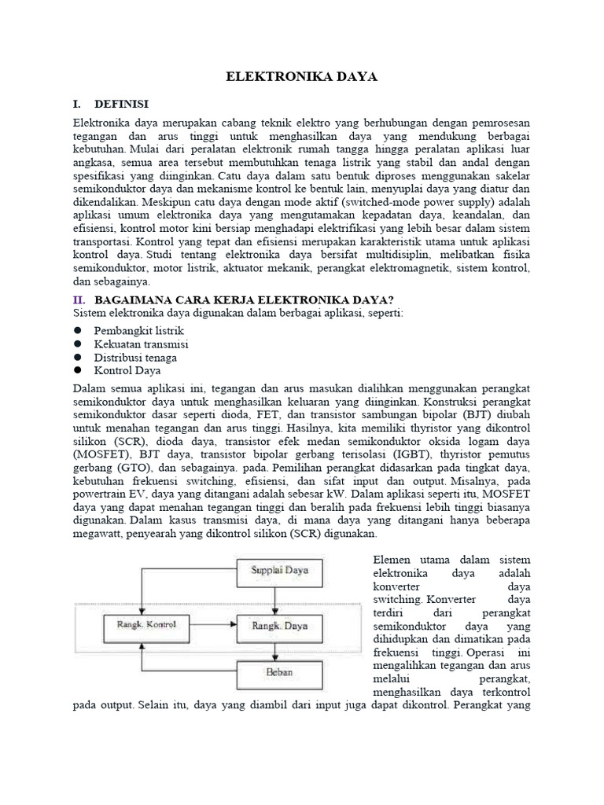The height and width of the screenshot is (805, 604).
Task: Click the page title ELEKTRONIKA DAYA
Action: (x=302, y=77)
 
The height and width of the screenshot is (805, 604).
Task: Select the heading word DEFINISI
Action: (x=121, y=104)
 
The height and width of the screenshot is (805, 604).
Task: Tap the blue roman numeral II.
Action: (x=79, y=300)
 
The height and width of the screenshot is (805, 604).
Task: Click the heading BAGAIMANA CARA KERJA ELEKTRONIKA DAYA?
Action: (x=244, y=300)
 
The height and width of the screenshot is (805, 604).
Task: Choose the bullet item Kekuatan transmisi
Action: (x=141, y=344)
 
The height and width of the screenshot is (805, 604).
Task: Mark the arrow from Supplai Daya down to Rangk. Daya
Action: (x=279, y=598)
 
